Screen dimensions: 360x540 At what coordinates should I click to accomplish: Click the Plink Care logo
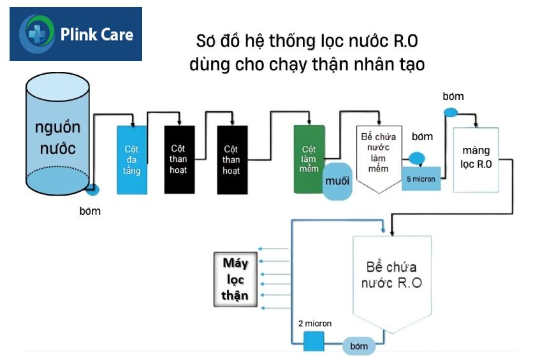coord(76,34)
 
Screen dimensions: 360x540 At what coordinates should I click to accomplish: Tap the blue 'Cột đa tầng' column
coord(133,160)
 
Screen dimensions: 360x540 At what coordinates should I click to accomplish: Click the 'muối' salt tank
coord(337,180)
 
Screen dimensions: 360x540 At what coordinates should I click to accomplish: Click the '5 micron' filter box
coord(421,179)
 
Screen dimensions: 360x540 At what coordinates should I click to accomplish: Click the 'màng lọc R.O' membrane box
coord(476,159)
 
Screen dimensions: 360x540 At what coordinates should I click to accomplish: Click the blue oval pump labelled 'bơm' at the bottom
coord(359,346)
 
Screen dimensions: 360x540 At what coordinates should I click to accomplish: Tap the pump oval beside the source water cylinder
coord(94,190)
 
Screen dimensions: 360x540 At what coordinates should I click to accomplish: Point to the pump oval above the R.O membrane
coord(451,113)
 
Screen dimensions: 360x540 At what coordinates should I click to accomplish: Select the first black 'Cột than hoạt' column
coord(179,160)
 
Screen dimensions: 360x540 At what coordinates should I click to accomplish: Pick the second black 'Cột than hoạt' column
coord(232,160)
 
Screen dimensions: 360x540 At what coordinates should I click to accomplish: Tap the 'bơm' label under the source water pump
coord(90,212)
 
